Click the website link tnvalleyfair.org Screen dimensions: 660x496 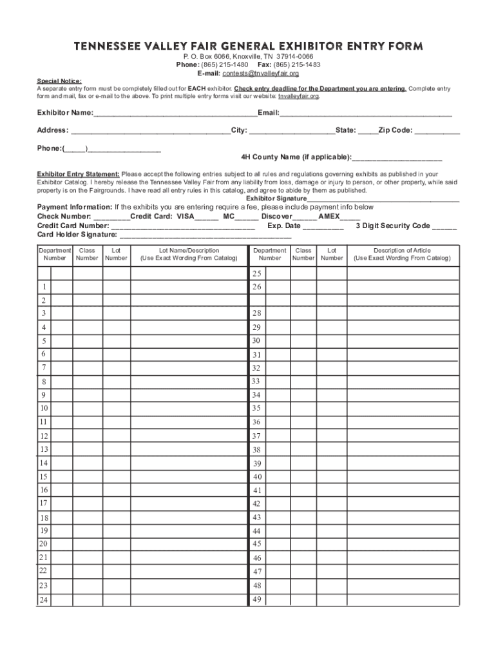tap(298, 96)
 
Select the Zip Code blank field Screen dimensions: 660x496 tap(437, 131)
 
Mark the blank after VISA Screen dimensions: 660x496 tap(207, 218)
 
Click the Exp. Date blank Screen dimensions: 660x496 tap(323, 227)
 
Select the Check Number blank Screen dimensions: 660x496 tap(111, 218)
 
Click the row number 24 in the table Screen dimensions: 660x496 tap(43, 600)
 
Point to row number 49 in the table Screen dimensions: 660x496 tap(257, 599)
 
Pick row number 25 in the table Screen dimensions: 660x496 tap(256, 274)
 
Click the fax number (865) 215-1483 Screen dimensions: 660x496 tap(297, 65)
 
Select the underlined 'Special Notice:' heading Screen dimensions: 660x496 tap(59, 81)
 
